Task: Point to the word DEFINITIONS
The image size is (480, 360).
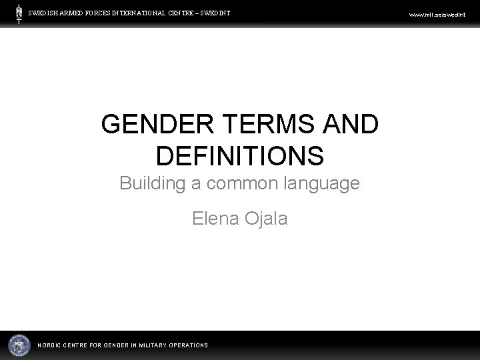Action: click(240, 155)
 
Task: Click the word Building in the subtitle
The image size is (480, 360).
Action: click(151, 183)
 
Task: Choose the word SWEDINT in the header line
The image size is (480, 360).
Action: click(215, 12)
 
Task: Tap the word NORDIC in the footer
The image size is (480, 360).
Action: click(51, 345)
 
